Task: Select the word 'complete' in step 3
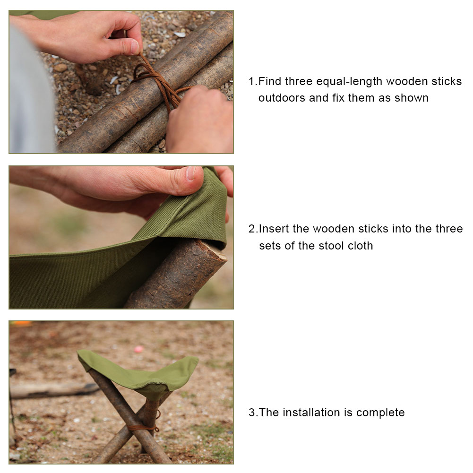click(x=380, y=413)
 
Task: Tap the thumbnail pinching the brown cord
click(x=134, y=47)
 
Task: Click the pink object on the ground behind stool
click(x=139, y=350)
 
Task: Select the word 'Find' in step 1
click(x=270, y=81)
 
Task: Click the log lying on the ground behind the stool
click(x=52, y=389)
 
